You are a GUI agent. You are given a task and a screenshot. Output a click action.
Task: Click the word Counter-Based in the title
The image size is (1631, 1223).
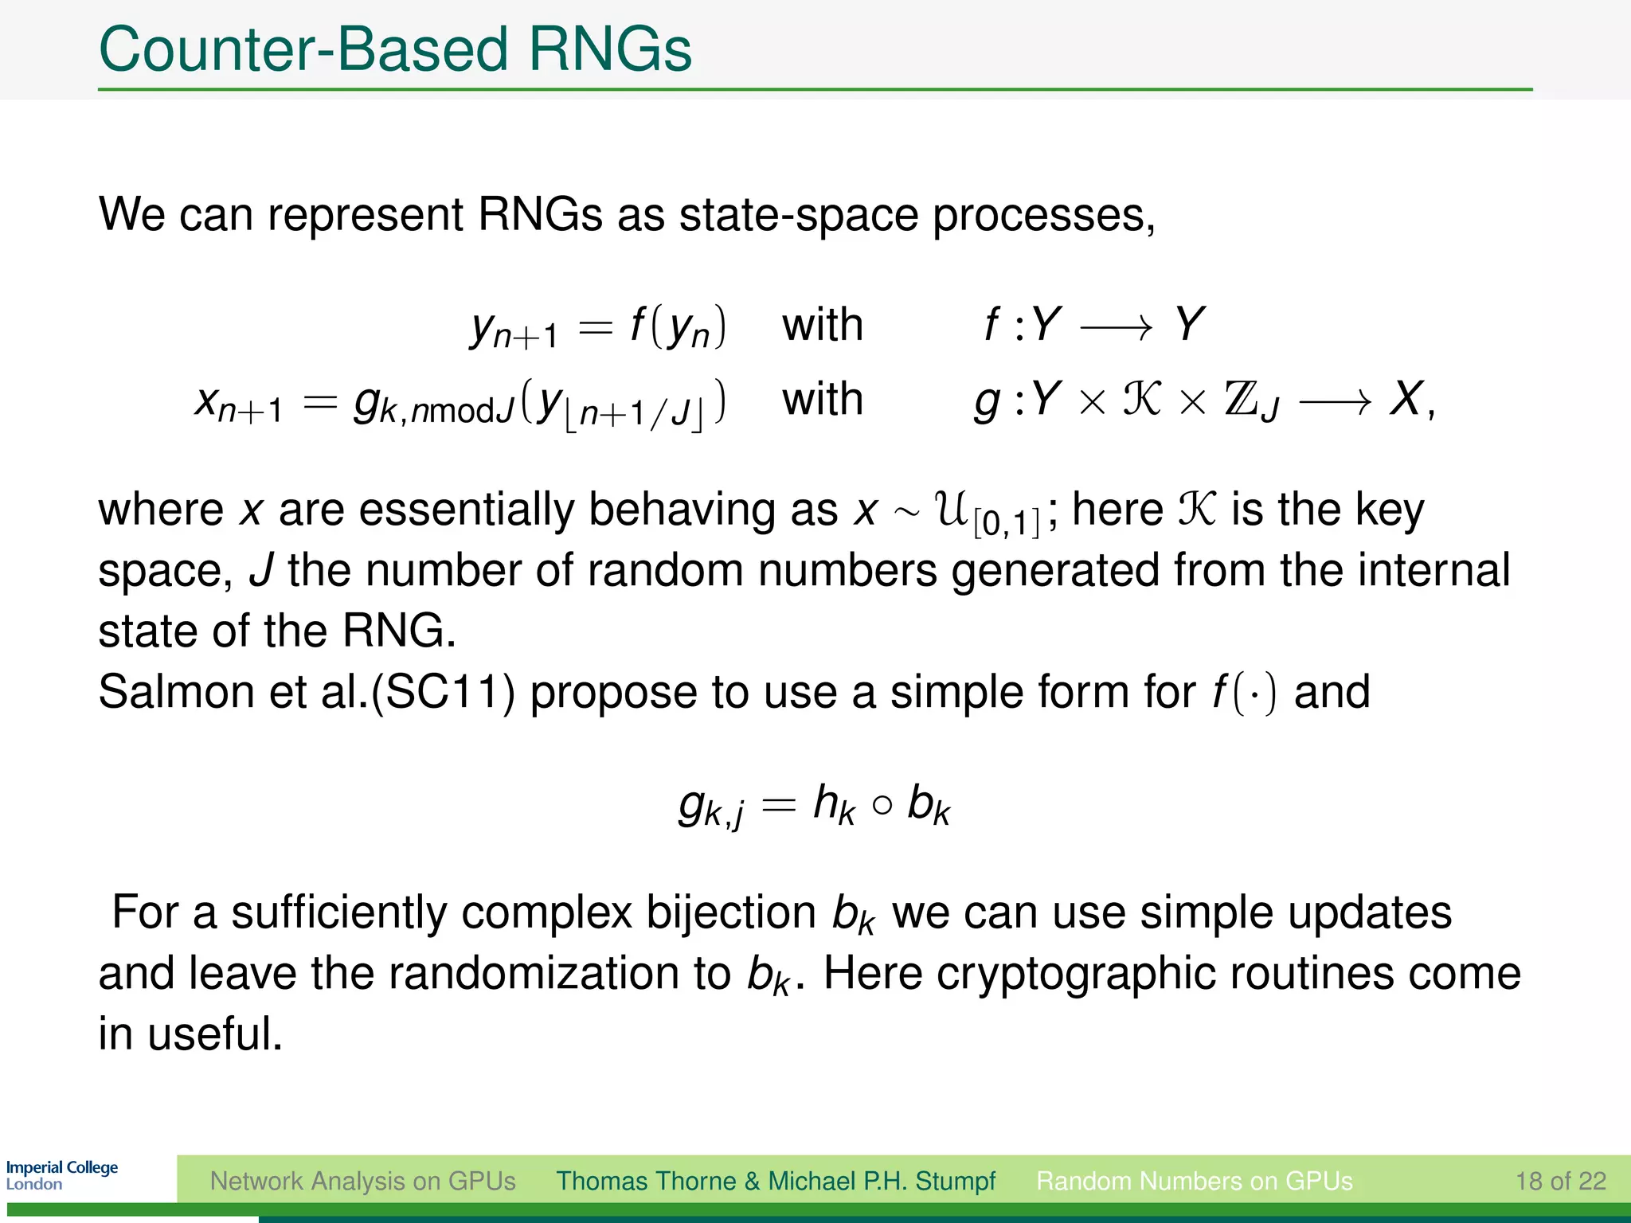[303, 49]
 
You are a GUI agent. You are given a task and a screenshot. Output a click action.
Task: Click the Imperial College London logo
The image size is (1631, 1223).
[61, 1175]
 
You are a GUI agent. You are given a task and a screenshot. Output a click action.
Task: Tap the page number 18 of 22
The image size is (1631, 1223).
[1560, 1181]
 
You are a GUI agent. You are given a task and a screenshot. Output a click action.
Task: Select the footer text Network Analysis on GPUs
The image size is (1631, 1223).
[362, 1181]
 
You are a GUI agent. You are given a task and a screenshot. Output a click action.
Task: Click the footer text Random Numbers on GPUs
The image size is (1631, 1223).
[1194, 1181]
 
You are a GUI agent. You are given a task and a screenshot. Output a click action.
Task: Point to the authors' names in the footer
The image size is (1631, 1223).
[775, 1181]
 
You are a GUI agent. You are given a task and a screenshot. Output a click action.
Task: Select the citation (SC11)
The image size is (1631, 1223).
[444, 691]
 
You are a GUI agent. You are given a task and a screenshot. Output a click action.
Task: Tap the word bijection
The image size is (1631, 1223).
[730, 912]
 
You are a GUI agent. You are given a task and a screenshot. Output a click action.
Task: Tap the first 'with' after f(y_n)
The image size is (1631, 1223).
[822, 325]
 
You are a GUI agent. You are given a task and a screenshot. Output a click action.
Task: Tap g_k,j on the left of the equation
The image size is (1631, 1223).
[711, 806]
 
